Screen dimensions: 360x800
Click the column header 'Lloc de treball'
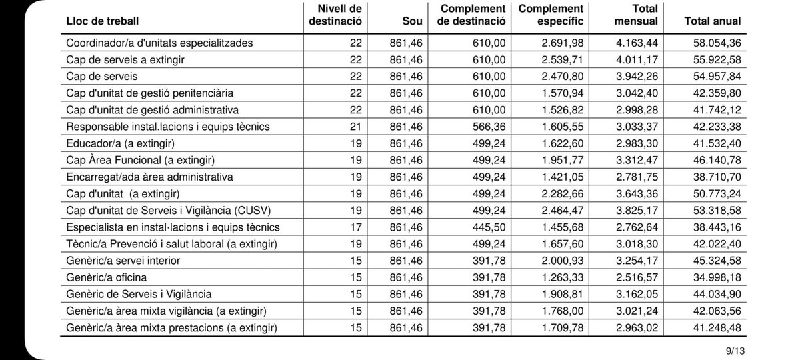[103, 21]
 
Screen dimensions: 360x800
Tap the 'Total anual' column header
[712, 21]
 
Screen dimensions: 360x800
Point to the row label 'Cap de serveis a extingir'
[125, 59]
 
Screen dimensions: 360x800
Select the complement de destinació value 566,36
[488, 127]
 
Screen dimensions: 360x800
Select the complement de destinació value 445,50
[488, 227]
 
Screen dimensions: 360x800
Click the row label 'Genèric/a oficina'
[107, 277]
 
